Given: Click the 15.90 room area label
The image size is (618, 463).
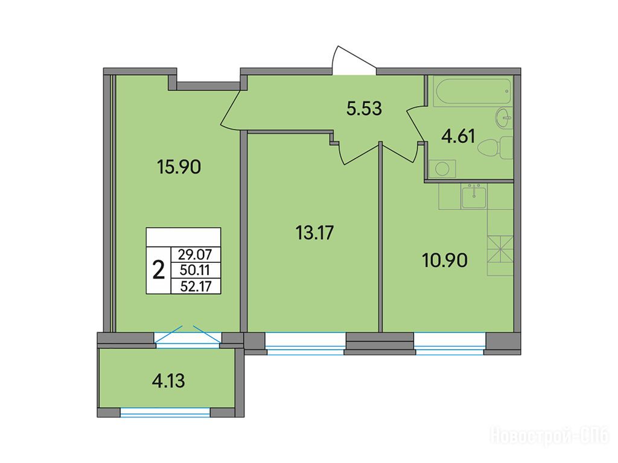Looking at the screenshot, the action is pyautogui.click(x=179, y=167).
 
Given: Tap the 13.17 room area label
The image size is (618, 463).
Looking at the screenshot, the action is pyautogui.click(x=314, y=232).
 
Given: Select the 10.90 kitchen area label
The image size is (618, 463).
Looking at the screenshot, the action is pyautogui.click(x=445, y=260).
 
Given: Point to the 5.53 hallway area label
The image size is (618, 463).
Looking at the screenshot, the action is pyautogui.click(x=364, y=109).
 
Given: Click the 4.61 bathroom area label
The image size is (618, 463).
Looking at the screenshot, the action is pyautogui.click(x=458, y=137).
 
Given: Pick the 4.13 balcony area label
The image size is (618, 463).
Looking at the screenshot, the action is pyautogui.click(x=168, y=381).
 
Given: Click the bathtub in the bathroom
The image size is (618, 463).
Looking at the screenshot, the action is pyautogui.click(x=472, y=92).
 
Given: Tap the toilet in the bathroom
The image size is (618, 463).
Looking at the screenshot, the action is pyautogui.click(x=495, y=148).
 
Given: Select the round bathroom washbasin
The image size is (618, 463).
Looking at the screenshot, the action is pyautogui.click(x=504, y=118).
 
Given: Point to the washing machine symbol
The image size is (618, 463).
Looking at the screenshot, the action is pyautogui.click(x=442, y=169).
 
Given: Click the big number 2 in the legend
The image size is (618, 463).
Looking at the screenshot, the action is pyautogui.click(x=159, y=271).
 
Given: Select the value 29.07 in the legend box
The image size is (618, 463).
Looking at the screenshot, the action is pyautogui.click(x=195, y=255).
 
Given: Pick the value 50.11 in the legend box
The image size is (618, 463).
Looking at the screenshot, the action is pyautogui.click(x=195, y=271).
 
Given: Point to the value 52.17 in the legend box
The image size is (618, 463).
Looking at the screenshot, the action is pyautogui.click(x=195, y=286).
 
